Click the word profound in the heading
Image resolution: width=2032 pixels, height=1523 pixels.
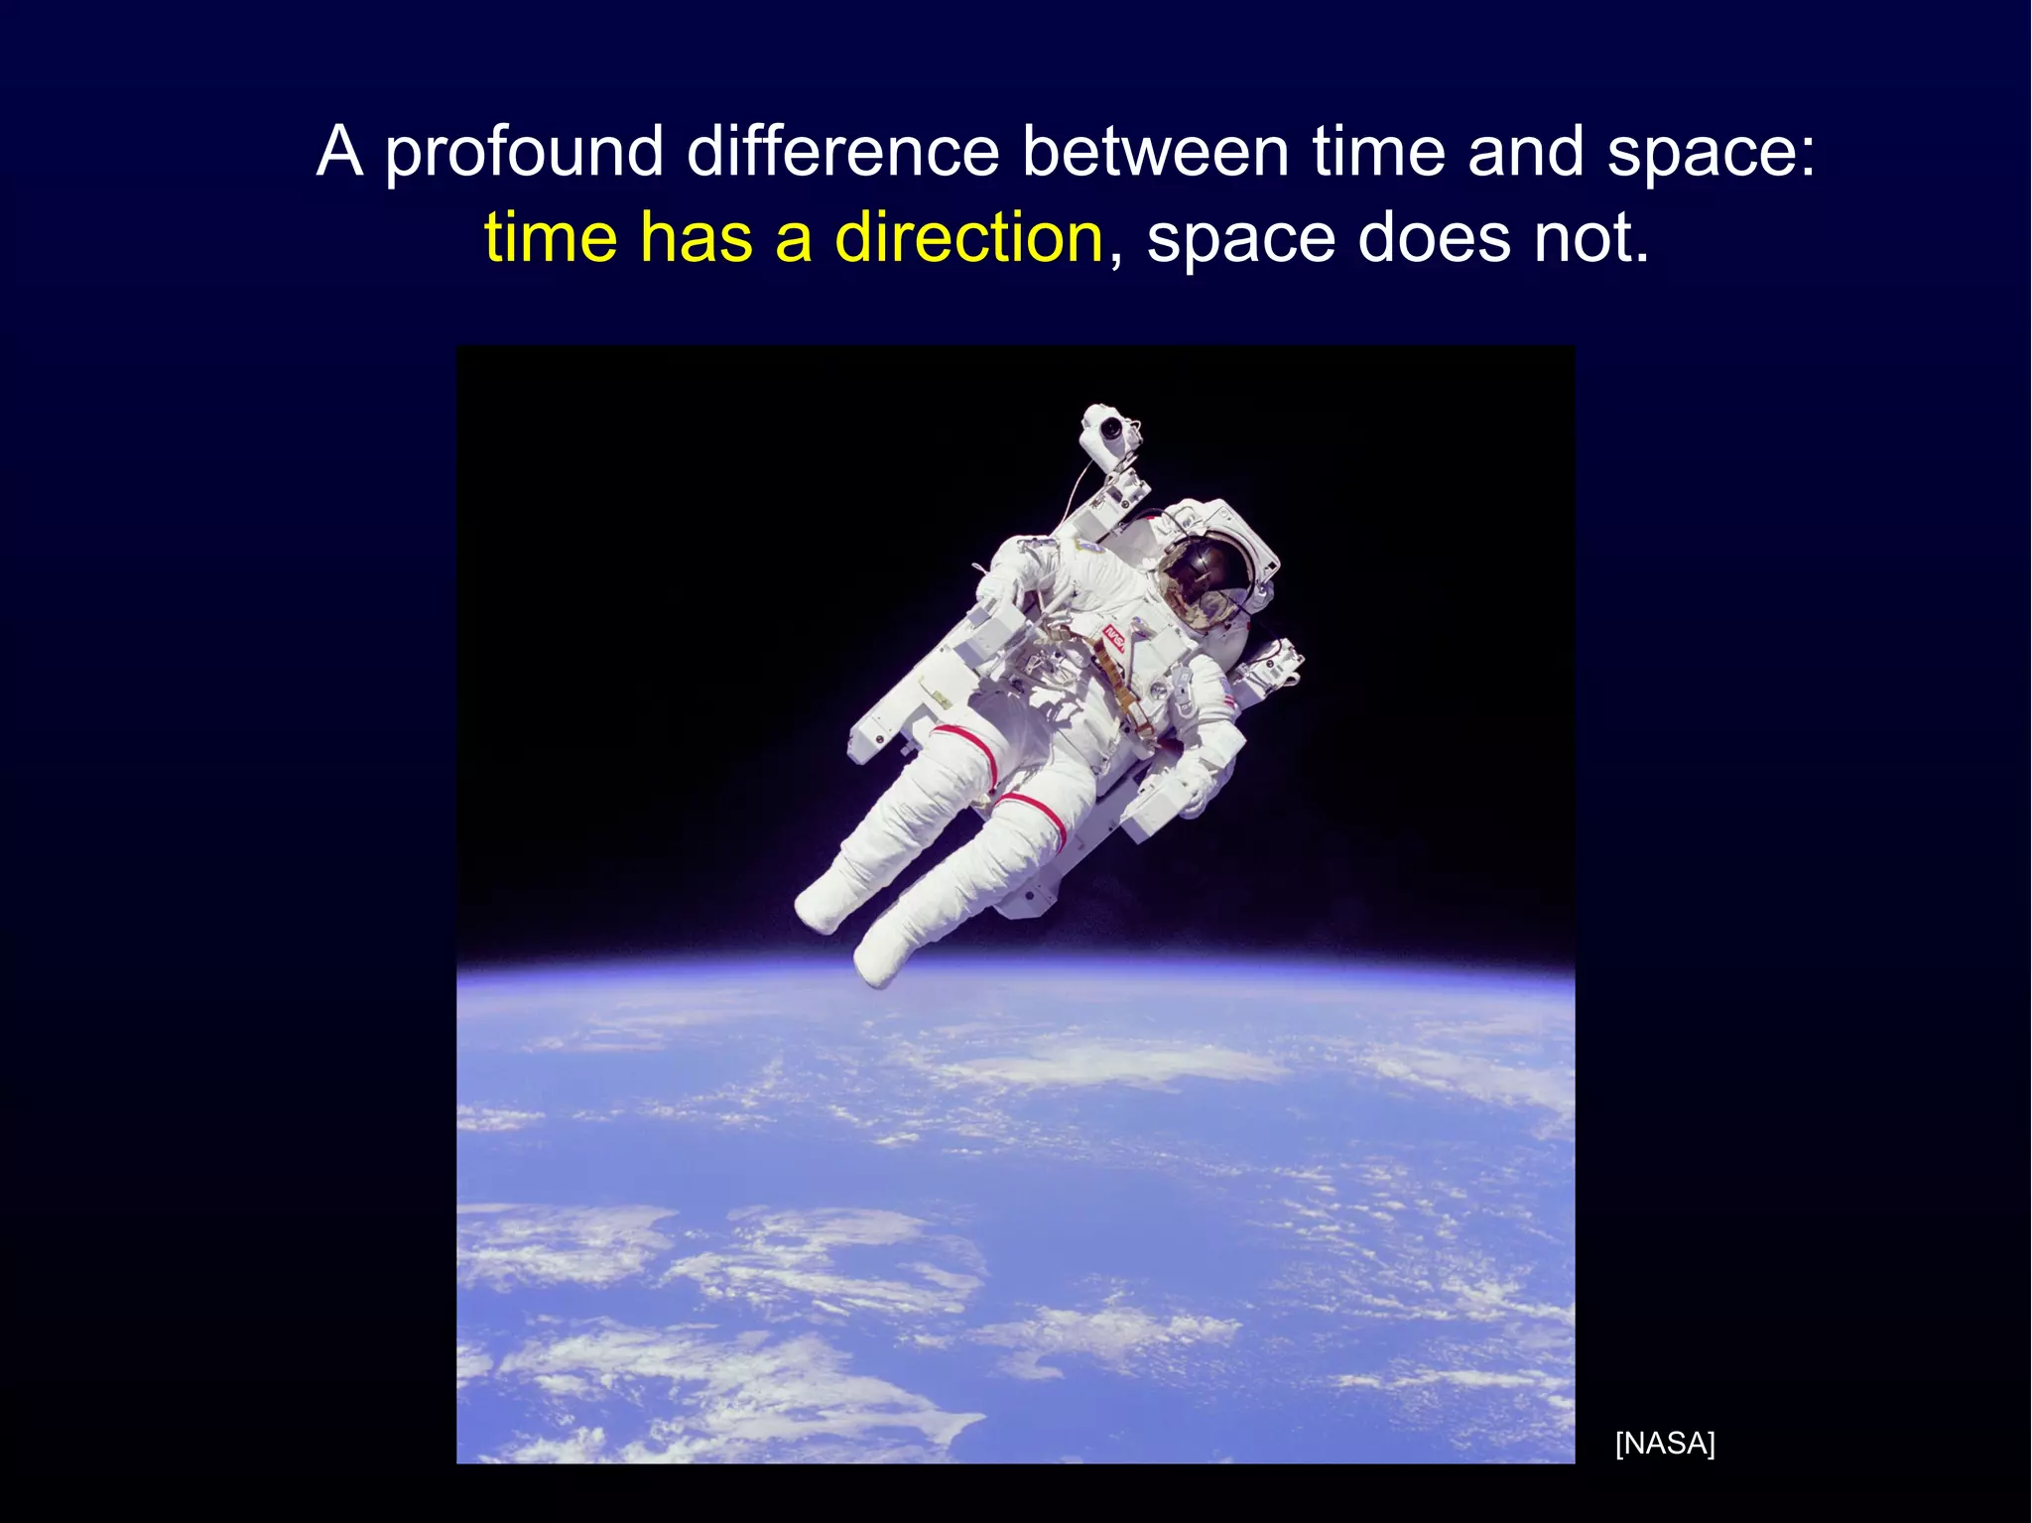point(524,154)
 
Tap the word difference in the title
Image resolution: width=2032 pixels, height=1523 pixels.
point(842,152)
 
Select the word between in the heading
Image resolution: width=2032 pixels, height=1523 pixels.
point(1156,152)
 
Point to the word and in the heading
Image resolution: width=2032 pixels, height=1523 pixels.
point(1525,152)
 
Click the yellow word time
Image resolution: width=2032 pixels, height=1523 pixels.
point(550,238)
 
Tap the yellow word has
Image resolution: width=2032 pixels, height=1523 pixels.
point(696,238)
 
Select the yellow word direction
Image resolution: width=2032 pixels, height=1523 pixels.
point(968,238)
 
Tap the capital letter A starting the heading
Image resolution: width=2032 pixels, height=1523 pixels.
point(339,152)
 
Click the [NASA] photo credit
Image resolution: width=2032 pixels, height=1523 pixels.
point(1665,1443)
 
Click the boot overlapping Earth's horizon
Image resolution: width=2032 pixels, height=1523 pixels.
point(879,954)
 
